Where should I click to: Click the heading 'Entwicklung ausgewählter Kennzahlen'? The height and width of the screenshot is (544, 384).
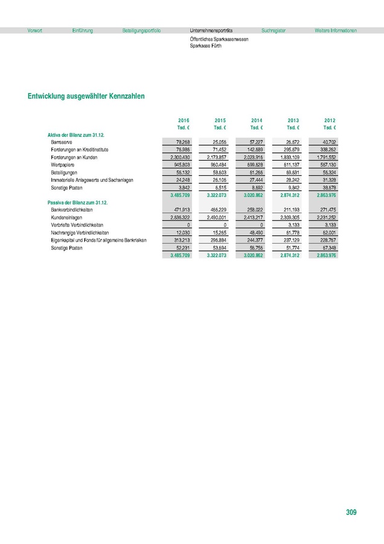pos(86,96)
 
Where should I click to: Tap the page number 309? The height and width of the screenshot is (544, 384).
pos(351,513)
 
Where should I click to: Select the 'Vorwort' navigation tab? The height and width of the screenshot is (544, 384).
pos(35,30)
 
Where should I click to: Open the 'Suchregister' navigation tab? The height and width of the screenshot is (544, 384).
pos(274,30)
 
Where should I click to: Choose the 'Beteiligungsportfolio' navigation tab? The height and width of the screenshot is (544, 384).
pos(141,30)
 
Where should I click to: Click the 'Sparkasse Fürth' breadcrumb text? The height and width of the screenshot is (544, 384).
pos(205,45)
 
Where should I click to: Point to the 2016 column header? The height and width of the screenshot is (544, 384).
pos(184,121)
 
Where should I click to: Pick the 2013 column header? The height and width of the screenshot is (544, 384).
pos(293,121)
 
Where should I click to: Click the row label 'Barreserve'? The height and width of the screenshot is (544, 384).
pos(63,141)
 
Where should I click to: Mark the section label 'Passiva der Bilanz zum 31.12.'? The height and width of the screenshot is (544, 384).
pos(77,202)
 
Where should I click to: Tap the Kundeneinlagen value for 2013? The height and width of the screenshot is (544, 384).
pos(289,217)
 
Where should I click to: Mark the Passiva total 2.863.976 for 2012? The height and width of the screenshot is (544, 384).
pos(324,256)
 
